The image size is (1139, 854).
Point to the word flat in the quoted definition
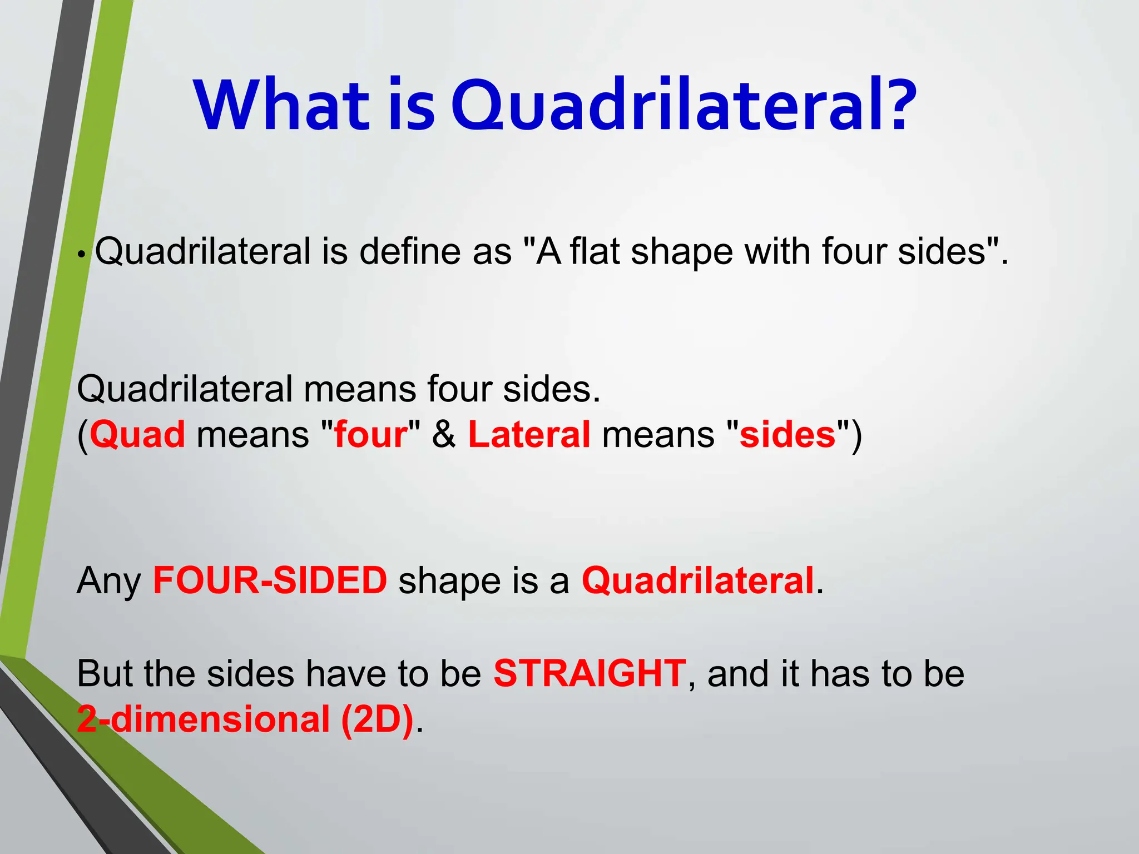point(595,252)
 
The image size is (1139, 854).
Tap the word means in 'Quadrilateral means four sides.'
point(360,389)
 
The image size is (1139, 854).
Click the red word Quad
point(137,435)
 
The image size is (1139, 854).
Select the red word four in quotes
point(371,435)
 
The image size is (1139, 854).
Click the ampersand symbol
point(443,435)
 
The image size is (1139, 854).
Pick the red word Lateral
point(529,435)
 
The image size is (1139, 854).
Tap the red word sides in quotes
point(787,435)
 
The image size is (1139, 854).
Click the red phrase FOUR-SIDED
point(270,580)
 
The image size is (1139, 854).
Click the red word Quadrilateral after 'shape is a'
point(698,582)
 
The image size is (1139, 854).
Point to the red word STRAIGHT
point(590,673)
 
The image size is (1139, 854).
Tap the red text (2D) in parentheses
point(378,719)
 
